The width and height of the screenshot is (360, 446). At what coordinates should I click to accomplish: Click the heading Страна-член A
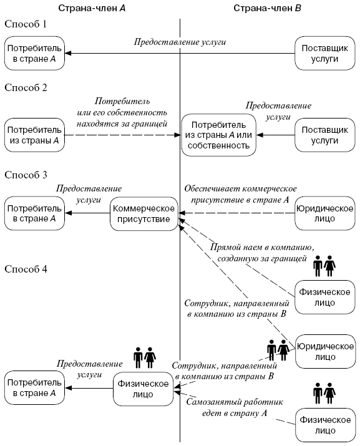(92, 8)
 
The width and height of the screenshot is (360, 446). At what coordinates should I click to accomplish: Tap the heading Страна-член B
(267, 8)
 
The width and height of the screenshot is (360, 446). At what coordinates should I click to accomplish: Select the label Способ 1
(26, 24)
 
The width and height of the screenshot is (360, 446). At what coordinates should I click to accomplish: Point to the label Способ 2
(26, 87)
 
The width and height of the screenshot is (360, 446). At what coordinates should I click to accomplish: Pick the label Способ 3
(26, 175)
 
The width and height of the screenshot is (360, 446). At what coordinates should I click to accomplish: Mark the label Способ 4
(26, 269)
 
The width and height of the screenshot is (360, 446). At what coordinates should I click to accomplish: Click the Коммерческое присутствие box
(144, 213)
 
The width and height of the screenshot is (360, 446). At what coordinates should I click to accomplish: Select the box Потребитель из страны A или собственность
(218, 135)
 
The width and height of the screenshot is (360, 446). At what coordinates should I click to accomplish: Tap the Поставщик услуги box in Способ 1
(324, 53)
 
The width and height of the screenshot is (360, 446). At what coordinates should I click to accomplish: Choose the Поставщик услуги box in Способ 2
(324, 135)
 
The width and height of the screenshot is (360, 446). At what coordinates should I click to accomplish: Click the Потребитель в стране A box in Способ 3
(34, 213)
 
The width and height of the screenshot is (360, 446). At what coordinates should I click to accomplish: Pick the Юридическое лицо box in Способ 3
(324, 213)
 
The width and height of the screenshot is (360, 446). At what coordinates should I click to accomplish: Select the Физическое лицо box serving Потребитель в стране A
(143, 389)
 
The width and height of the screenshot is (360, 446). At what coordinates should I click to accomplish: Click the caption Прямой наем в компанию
(262, 247)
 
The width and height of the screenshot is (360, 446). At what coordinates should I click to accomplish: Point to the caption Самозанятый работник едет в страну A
(235, 407)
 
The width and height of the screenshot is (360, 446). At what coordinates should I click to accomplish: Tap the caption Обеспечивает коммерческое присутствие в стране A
(240, 194)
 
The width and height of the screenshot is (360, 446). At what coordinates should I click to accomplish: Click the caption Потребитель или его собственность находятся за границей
(122, 112)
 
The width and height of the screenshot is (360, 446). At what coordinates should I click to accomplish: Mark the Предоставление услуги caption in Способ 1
(180, 42)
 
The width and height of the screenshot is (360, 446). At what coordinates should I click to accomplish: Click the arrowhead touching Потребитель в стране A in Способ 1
(68, 53)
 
